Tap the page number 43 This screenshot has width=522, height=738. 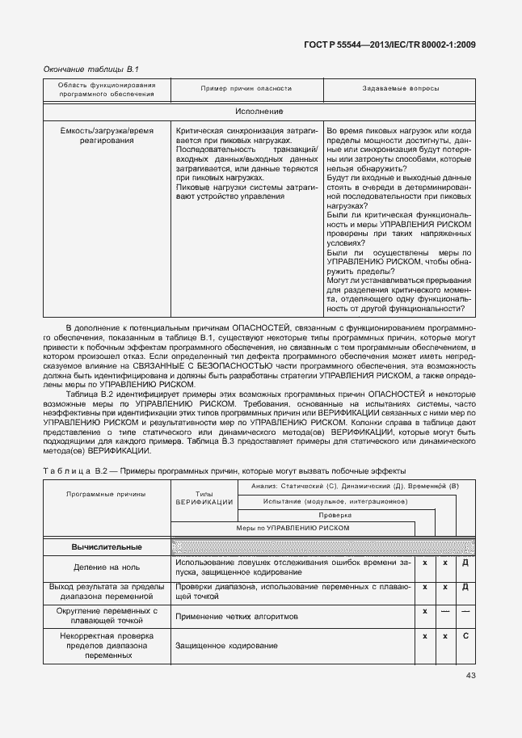(470, 676)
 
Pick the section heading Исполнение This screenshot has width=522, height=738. (259, 111)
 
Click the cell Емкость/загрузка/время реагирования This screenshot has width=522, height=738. (106, 135)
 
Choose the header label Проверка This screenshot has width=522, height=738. (335, 514)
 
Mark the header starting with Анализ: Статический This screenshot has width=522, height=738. (355, 486)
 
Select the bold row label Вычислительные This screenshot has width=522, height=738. (106, 547)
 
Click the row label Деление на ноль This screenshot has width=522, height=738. (106, 567)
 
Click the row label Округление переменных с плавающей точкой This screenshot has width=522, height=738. (106, 616)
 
